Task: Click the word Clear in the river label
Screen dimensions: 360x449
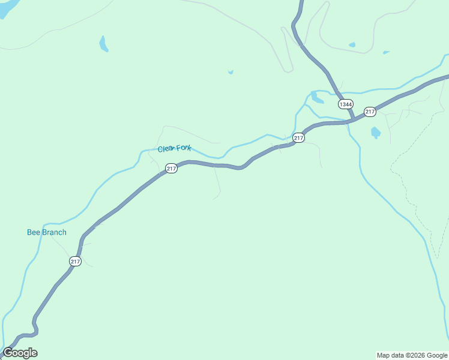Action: coord(166,149)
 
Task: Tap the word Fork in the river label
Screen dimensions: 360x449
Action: coord(183,148)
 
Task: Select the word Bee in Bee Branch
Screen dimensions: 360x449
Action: coord(34,232)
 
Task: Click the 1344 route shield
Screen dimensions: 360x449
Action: coord(346,104)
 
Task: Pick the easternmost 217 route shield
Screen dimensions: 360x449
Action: coord(370,112)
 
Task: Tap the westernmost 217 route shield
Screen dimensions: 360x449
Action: coord(75,261)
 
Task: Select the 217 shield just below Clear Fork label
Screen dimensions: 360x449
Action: coord(172,169)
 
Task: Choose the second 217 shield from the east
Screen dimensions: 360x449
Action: coord(298,138)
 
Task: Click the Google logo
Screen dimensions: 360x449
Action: coord(20,353)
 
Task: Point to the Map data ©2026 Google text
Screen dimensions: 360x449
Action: coord(412,355)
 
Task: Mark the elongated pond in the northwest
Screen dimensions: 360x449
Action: coord(103,44)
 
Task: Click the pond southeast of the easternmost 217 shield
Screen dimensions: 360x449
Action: coord(376,133)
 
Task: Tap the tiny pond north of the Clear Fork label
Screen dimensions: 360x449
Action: coord(231,73)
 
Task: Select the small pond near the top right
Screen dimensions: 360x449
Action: coord(352,44)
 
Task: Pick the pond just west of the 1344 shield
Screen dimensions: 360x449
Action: coord(316,97)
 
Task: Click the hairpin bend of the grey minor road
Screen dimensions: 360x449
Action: coord(288,70)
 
